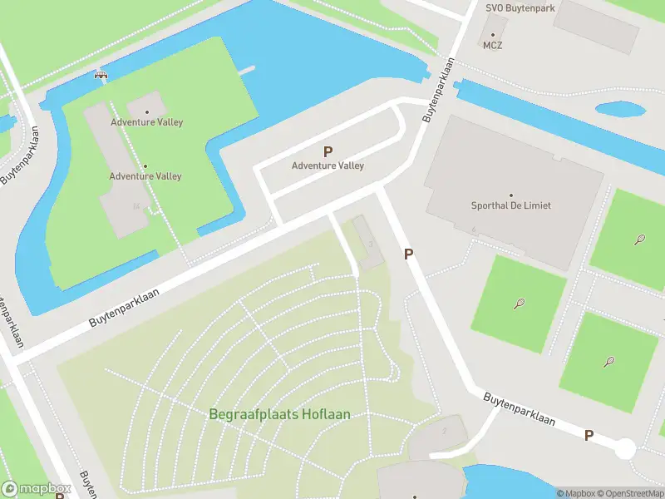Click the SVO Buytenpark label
click(520, 7)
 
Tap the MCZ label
click(492, 46)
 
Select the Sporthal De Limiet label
click(511, 205)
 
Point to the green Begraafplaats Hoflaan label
click(280, 414)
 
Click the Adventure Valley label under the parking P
click(328, 166)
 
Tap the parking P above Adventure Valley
click(328, 152)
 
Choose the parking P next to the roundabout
click(589, 435)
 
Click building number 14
click(135, 206)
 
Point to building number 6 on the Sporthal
click(473, 230)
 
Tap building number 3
click(370, 244)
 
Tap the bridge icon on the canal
click(101, 75)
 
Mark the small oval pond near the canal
click(620, 109)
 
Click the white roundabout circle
click(624, 449)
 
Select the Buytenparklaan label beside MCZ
click(440, 90)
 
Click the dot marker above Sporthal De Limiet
click(511, 195)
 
